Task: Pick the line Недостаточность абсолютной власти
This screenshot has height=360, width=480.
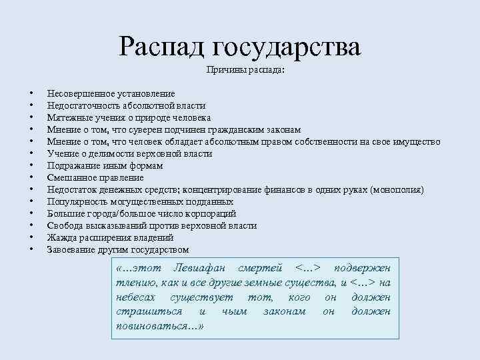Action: coord(126,105)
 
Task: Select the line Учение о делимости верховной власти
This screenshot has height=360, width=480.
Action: coord(129,153)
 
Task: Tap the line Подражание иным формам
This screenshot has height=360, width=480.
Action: coord(105,165)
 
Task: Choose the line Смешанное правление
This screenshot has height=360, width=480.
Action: coord(95,177)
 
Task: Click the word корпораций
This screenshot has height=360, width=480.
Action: coord(213,214)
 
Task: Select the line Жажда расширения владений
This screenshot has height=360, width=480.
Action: coord(110,238)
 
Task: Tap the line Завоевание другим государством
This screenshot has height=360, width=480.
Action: coord(117,250)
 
